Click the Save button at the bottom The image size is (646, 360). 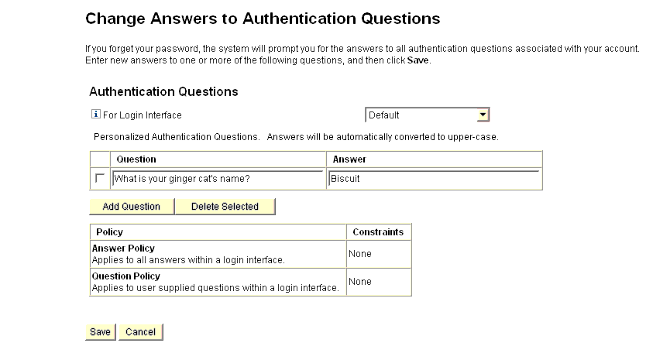[100, 331]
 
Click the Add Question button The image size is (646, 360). [131, 207]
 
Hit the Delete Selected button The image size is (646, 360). [225, 207]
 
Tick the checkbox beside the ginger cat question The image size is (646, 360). [99, 179]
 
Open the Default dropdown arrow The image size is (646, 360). [483, 115]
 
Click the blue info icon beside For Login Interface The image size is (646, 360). [96, 115]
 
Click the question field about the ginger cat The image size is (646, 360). [218, 179]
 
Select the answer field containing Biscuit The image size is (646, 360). [434, 179]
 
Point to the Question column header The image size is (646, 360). [136, 159]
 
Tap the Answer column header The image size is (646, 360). [349, 159]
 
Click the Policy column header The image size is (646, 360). [109, 231]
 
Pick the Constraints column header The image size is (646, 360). [378, 231]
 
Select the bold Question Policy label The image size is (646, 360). [126, 276]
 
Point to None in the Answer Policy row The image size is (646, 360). [360, 254]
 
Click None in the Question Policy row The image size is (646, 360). [360, 282]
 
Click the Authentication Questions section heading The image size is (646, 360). [163, 91]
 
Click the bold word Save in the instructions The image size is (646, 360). [417, 60]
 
